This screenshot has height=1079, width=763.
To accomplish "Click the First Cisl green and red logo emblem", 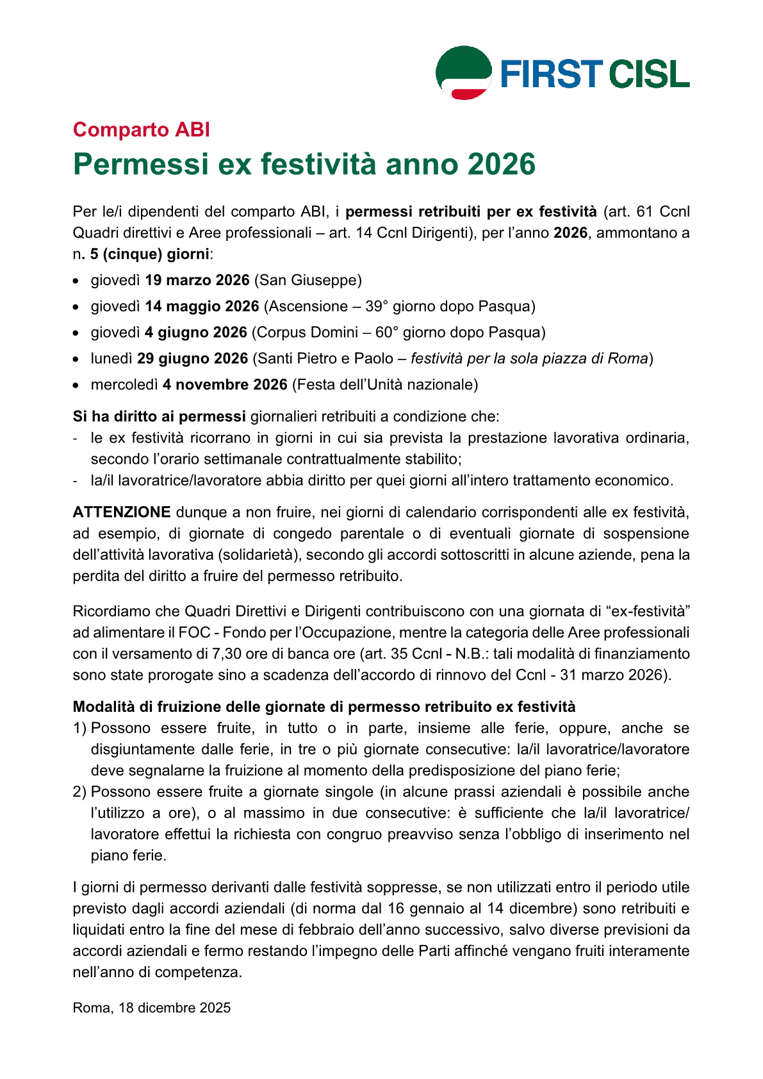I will click(464, 72).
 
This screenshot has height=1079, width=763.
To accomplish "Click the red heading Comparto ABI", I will click(142, 129).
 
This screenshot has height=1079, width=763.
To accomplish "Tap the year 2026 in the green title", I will click(501, 164).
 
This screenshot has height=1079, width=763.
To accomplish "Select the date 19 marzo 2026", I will click(197, 281).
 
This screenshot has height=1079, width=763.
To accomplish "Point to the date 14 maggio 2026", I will click(202, 307).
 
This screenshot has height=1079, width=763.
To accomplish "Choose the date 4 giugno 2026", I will click(196, 333).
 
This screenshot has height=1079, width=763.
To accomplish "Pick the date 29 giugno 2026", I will click(192, 359).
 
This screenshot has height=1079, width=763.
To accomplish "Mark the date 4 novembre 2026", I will click(225, 385).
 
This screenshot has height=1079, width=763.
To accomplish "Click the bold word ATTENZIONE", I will click(122, 513).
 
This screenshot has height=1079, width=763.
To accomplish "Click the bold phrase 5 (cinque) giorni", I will click(150, 254).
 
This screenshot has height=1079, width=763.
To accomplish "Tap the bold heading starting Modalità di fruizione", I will click(324, 707).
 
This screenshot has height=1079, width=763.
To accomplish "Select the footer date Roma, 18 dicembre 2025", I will click(152, 1008).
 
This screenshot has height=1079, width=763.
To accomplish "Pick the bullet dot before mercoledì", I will click(76, 386).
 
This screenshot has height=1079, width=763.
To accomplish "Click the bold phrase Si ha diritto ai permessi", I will click(160, 417).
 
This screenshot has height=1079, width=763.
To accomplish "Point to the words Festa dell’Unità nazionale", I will click(385, 385).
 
